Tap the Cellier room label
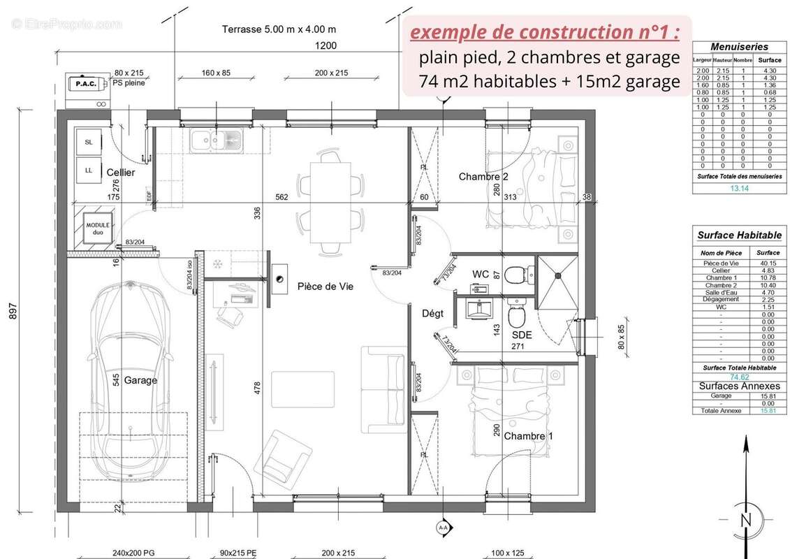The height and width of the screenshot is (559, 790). coord(120,173)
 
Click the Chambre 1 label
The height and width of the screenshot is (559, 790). coord(528,436)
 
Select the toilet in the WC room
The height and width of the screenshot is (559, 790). coord(515,275)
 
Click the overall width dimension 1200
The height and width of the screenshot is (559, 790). coord(325,46)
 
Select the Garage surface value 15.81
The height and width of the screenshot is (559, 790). coord(768,395)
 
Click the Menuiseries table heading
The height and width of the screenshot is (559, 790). coord(739,47)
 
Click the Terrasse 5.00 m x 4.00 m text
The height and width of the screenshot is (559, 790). coord(279,29)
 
